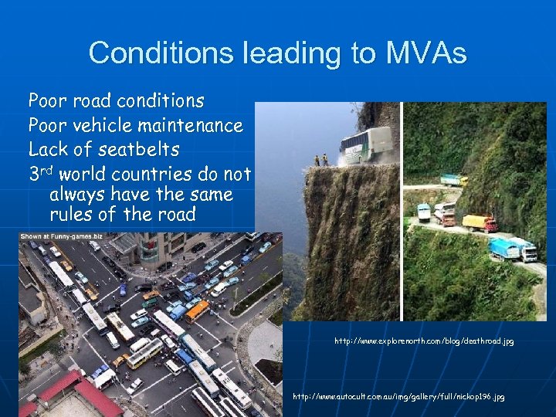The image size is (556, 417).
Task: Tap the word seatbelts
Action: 137,149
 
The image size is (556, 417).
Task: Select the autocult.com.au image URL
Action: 398,396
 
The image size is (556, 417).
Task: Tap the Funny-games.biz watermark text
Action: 51,236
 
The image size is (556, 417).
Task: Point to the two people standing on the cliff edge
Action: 320,160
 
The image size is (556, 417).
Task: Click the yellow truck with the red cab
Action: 480,223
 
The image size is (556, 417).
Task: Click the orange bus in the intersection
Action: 196,310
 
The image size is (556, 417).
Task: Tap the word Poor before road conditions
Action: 47,101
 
